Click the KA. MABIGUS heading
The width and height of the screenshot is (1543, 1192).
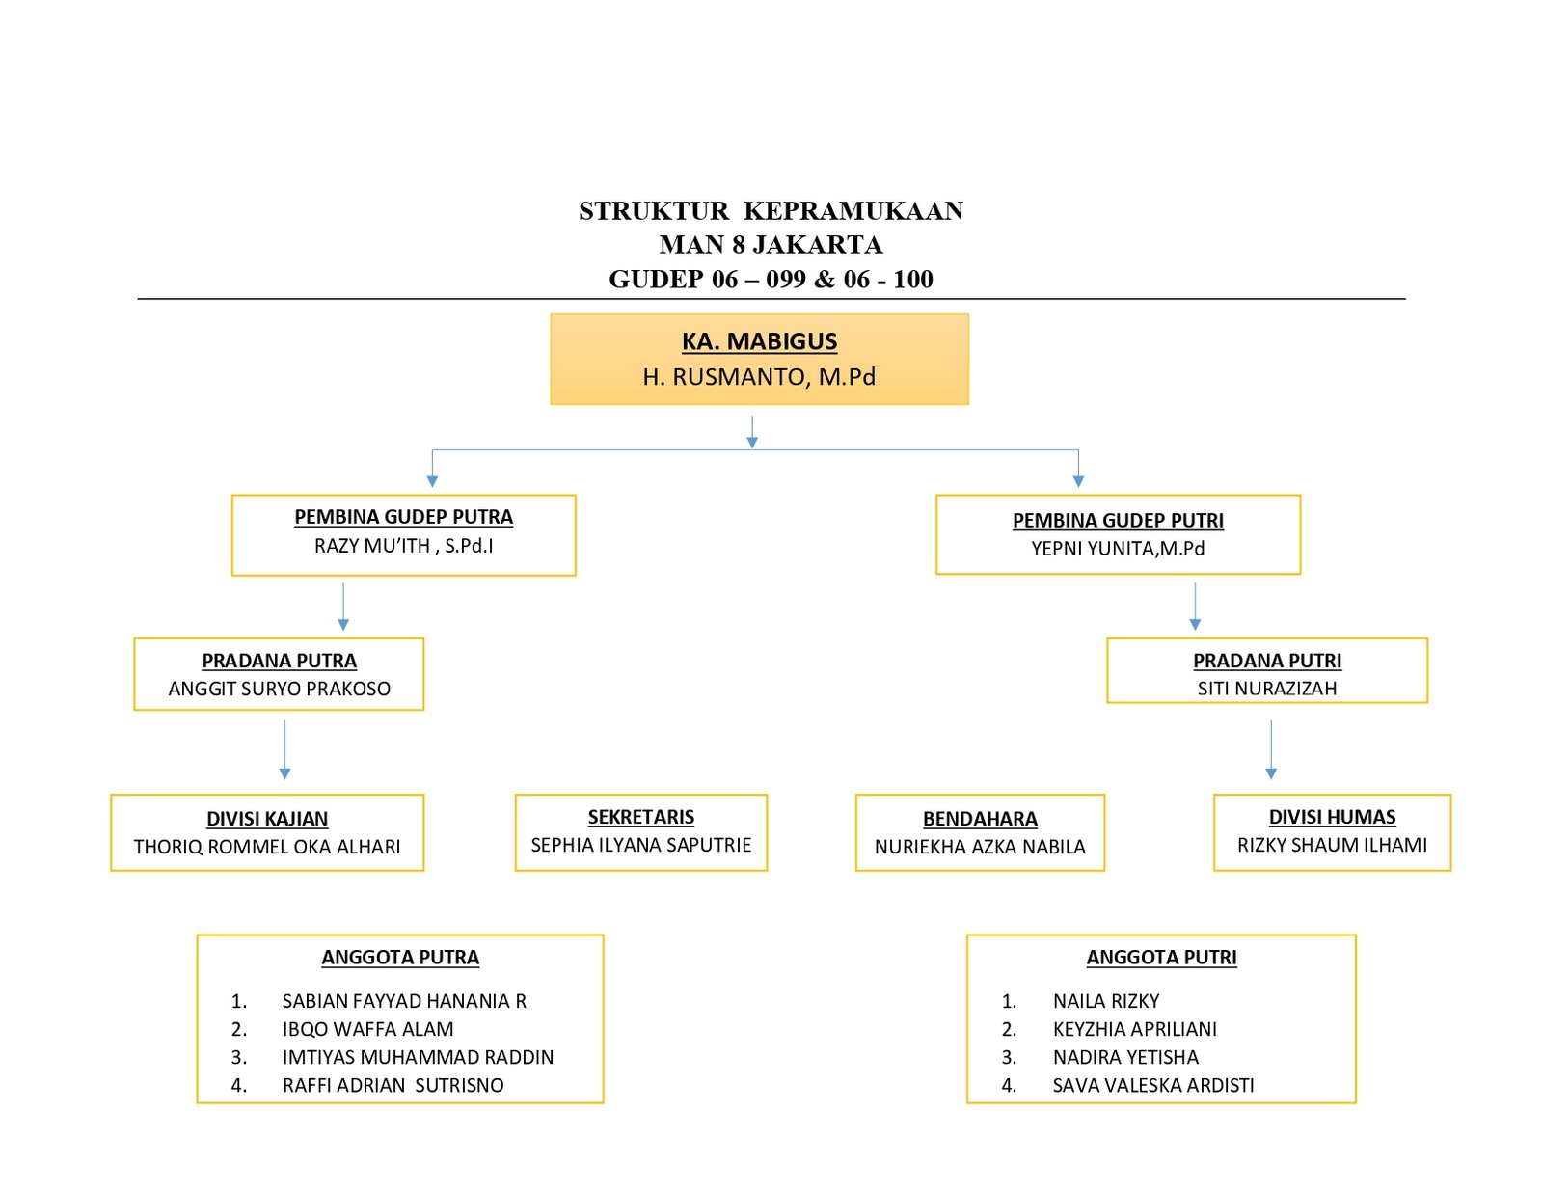click(x=759, y=341)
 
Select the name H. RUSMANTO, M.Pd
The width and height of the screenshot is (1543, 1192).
click(x=759, y=376)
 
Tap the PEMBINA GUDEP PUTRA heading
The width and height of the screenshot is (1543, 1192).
click(x=403, y=517)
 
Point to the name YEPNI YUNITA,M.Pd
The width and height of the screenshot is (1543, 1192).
click(x=1118, y=548)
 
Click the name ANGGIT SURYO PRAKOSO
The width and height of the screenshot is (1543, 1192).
click(x=279, y=689)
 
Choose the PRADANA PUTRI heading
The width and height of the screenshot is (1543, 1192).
click(x=1267, y=661)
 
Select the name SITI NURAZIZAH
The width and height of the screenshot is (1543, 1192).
click(x=1267, y=688)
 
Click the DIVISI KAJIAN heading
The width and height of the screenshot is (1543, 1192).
click(x=267, y=819)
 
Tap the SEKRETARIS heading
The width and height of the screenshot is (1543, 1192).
click(x=640, y=817)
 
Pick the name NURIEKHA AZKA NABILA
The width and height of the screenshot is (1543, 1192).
click(x=980, y=846)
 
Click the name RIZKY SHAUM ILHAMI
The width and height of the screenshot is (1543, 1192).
click(x=1332, y=845)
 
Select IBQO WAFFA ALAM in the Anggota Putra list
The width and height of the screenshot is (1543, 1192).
click(x=367, y=1029)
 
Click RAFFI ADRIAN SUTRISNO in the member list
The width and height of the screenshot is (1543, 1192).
click(x=393, y=1085)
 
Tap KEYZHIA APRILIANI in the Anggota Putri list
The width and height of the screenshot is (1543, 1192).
click(x=1135, y=1029)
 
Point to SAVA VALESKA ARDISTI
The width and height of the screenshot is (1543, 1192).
click(x=1153, y=1085)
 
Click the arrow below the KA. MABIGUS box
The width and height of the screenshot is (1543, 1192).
click(x=752, y=432)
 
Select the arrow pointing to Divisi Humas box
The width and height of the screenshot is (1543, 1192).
click(x=1271, y=750)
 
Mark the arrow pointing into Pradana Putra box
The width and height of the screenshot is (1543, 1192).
click(x=343, y=607)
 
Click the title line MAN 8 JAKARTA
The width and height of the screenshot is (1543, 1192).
click(x=771, y=245)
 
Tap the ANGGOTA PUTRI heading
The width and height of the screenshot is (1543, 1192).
click(x=1161, y=958)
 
